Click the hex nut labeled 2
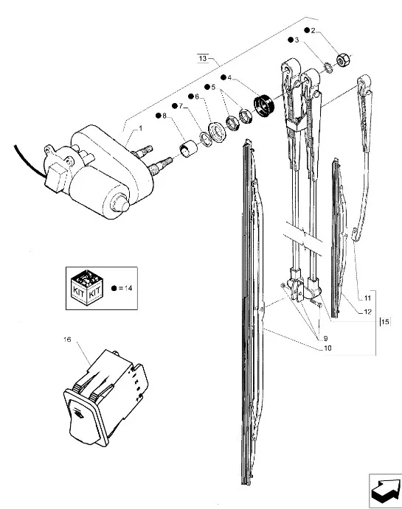click(x=342, y=60)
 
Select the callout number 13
click(x=203, y=58)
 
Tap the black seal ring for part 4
click(x=263, y=105)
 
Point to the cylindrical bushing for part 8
click(x=189, y=150)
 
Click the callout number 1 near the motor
click(x=140, y=129)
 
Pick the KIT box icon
click(x=87, y=287)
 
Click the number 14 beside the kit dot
click(x=128, y=288)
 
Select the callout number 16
click(x=67, y=340)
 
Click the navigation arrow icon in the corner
click(x=386, y=490)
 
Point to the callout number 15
click(x=385, y=322)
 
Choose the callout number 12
click(x=367, y=312)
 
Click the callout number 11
click(x=367, y=298)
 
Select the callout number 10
click(x=328, y=348)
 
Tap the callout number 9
click(x=325, y=339)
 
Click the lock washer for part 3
click(x=328, y=69)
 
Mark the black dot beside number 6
click(x=191, y=96)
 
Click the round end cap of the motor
click(x=120, y=204)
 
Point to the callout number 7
click(x=181, y=106)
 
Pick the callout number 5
click(x=213, y=87)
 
